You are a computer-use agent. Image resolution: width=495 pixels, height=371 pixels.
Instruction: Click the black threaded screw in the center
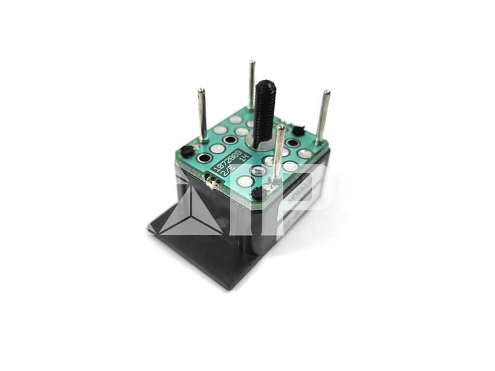tap(264, 114)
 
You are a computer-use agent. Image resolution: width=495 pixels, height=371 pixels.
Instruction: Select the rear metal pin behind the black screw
tap(251, 83)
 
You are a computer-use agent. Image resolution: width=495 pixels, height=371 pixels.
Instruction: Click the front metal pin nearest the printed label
tap(279, 151)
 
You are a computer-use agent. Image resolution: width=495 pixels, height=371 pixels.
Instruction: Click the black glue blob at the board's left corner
tap(186, 151)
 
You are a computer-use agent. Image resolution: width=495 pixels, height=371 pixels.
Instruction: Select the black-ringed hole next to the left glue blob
tap(204, 158)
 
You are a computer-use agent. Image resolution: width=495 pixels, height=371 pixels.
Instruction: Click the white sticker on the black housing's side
tap(303, 198)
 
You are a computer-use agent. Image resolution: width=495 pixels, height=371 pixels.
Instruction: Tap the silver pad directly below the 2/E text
tap(246, 181)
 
